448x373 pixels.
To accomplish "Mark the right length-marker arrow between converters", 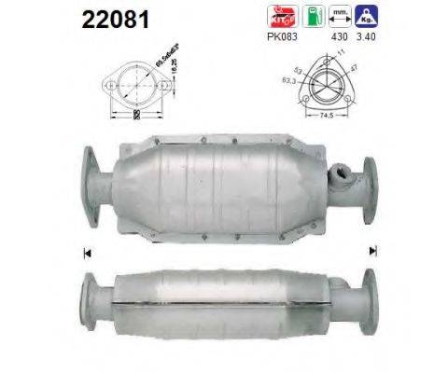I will [x=372, y=250].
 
